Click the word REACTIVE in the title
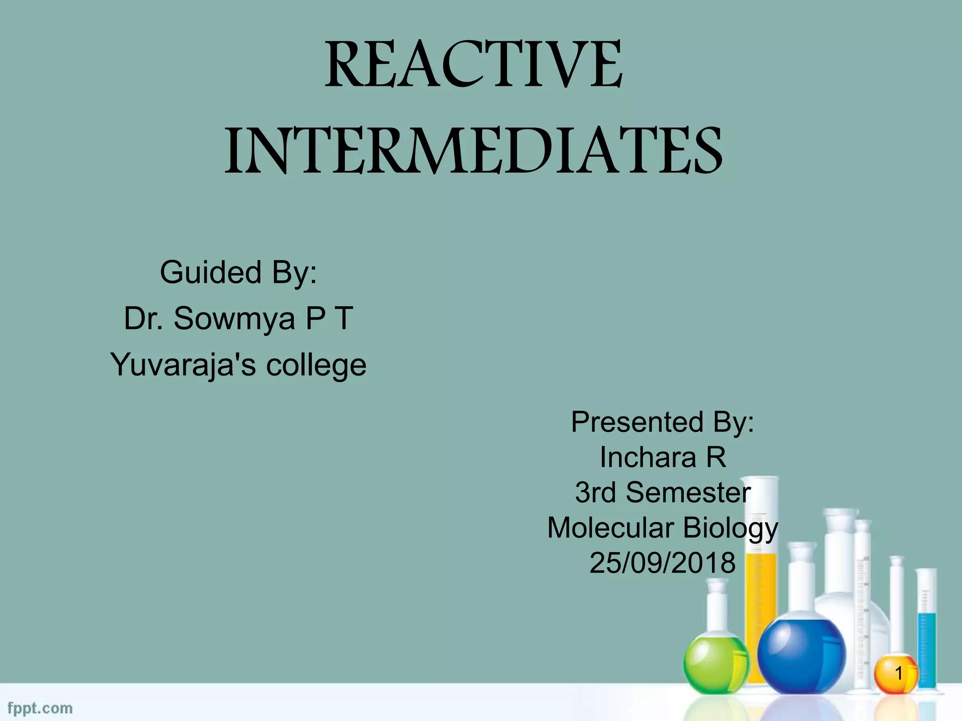473,66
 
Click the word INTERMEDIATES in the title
473,150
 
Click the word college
316,365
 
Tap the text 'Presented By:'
662,422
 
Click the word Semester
688,492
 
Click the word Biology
730,528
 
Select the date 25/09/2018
662,563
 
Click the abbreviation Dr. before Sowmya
143,318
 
